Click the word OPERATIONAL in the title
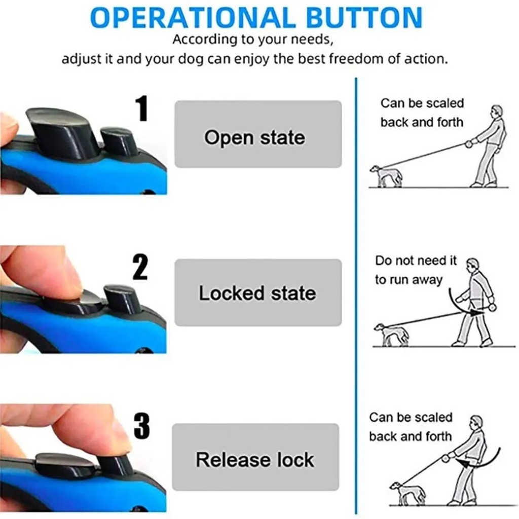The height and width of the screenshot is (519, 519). click(x=193, y=18)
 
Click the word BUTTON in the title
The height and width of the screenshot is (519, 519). click(x=364, y=18)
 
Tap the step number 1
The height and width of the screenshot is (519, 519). click(x=142, y=108)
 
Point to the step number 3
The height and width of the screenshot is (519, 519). click(x=142, y=426)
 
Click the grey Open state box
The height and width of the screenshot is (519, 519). click(x=258, y=134)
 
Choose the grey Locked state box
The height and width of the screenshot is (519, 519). click(x=258, y=292)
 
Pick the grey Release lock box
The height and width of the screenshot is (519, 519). click(x=255, y=457)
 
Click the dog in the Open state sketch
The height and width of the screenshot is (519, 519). click(x=386, y=176)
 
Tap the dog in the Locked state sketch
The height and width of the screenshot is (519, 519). click(x=391, y=335)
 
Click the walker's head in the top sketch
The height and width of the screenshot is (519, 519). click(x=496, y=112)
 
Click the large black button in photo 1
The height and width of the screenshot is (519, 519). click(x=63, y=132)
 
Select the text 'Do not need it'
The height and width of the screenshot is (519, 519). click(x=416, y=261)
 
